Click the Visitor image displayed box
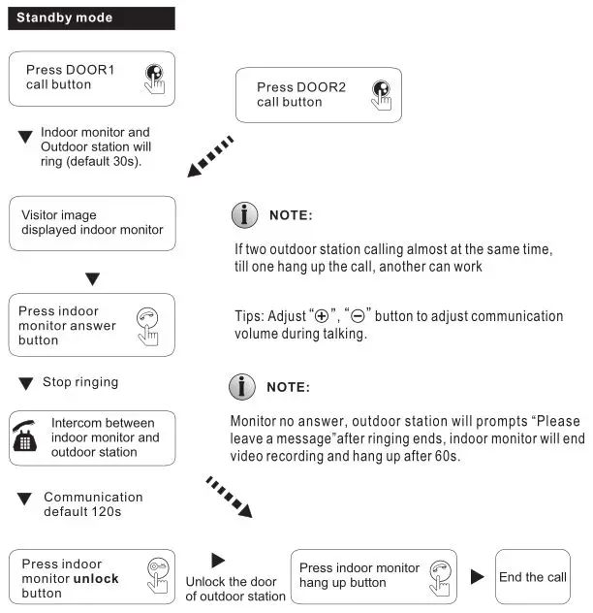[x=92, y=224]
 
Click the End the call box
[x=532, y=577]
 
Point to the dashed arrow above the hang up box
[x=229, y=496]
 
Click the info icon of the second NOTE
[x=242, y=387]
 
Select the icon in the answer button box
[x=147, y=324]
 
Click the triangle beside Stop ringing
[x=26, y=384]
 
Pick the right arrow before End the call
[x=477, y=577]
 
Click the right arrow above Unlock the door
[x=218, y=561]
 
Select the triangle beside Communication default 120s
[x=26, y=499]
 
